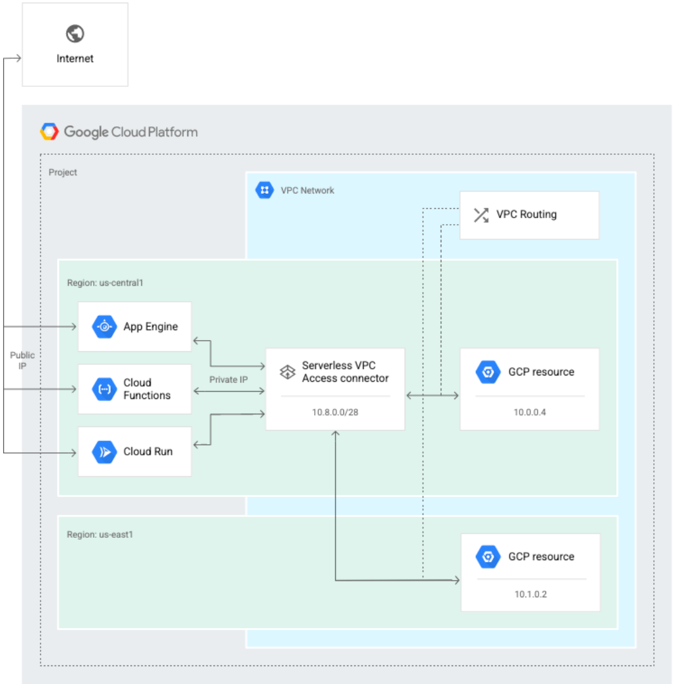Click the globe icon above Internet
[75, 33]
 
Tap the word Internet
[75, 59]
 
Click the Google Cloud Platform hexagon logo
[50, 131]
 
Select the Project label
[63, 172]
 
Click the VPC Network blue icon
[265, 190]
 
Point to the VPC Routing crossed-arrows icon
[481, 215]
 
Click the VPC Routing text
[526, 214]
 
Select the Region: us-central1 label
[105, 283]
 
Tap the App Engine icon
[104, 327]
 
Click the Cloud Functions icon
[104, 389]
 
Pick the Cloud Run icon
[104, 452]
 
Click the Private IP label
[228, 379]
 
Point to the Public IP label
[22, 360]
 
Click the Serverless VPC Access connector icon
[288, 372]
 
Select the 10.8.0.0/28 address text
[335, 412]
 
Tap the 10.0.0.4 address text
[529, 412]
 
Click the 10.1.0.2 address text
[531, 594]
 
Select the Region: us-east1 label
[100, 534]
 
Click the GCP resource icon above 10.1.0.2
[488, 556]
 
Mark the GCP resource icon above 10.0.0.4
[488, 372]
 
